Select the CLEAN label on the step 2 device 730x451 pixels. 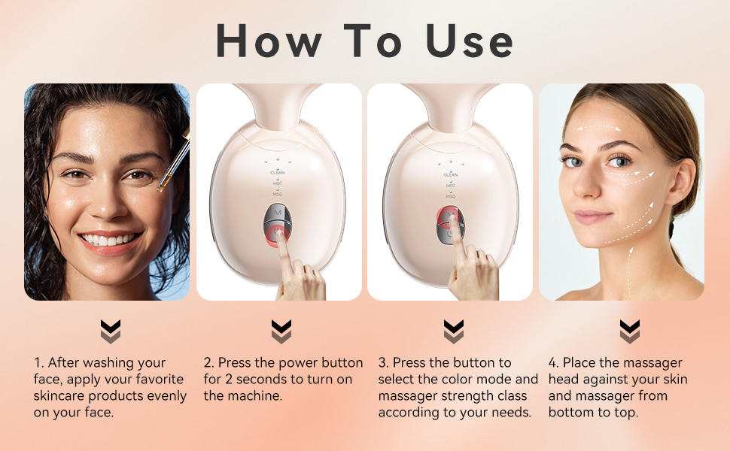278,173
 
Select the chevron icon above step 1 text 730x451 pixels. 110,331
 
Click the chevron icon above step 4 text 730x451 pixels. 630,331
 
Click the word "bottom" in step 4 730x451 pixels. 573,413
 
